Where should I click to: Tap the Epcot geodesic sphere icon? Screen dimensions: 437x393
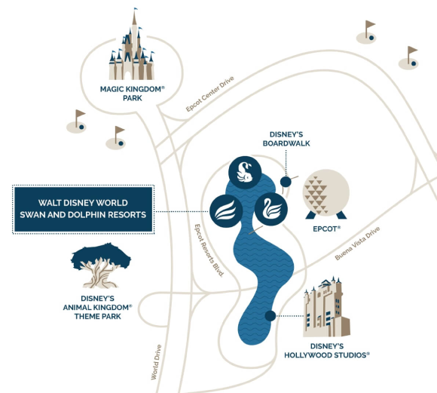click(325, 195)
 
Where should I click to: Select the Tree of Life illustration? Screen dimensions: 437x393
click(101, 266)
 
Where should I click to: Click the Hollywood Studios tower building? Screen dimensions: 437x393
click(326, 306)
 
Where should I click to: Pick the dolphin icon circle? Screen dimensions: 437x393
click(245, 173)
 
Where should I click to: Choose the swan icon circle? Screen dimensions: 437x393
click(271, 209)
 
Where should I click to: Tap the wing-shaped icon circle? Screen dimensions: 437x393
click(226, 211)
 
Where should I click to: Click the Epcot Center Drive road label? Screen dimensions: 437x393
click(210, 94)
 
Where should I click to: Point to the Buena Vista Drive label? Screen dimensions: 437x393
click(357, 244)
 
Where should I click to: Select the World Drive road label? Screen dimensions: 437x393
click(157, 362)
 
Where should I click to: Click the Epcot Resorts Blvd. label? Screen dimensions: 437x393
click(209, 250)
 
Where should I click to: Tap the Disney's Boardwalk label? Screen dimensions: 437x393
click(286, 139)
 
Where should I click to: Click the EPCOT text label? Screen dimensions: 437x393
click(327, 229)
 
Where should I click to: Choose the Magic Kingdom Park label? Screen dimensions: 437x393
click(133, 94)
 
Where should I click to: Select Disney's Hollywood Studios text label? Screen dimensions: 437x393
click(327, 351)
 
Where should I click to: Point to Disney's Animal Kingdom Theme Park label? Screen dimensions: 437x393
click(97, 307)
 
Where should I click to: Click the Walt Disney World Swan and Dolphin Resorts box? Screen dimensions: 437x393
click(84, 209)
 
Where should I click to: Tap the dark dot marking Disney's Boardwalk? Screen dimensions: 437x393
click(286, 182)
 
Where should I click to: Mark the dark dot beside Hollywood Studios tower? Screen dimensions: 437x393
click(270, 316)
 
